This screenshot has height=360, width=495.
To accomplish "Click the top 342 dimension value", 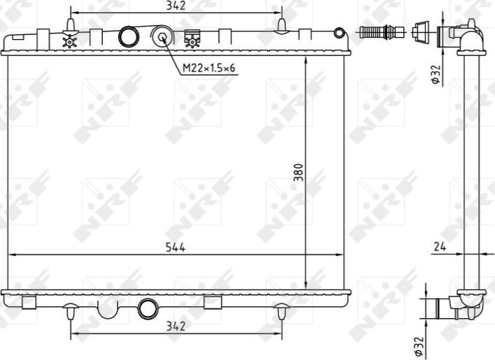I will pos(176,6).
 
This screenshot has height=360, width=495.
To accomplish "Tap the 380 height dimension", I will pos(299,172).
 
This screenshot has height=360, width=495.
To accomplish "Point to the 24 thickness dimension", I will pos(439,247).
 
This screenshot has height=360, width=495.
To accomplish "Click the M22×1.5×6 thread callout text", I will pos(209,69).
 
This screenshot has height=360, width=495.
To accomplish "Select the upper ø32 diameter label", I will pos(435,75).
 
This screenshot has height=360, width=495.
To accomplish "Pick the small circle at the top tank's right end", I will pos(339,33).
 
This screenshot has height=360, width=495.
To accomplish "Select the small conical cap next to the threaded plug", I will pos(420,31).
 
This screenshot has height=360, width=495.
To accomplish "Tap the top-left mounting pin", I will pos(70,26).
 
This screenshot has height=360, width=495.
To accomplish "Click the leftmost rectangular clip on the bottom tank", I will pos(29,302).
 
